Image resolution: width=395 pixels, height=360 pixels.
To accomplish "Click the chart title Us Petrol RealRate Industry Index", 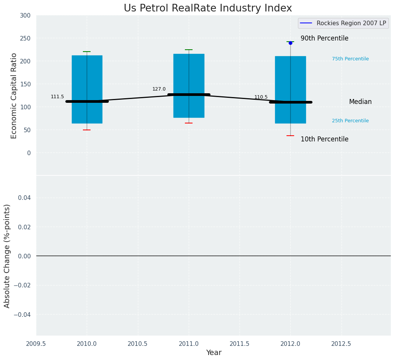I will (x=208, y=8).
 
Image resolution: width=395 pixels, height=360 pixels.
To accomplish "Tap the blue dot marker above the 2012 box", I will (x=290, y=43).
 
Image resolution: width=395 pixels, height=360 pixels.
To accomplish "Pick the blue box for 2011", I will (x=189, y=73).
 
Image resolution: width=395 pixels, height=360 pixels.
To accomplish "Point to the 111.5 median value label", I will (x=57, y=97).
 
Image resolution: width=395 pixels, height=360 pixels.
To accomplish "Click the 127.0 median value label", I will (x=159, y=89).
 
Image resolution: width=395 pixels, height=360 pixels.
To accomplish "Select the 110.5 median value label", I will (x=261, y=97).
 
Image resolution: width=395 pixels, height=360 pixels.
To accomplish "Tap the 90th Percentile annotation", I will (x=324, y=39).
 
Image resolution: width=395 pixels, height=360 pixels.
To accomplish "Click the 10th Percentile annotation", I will (x=324, y=139).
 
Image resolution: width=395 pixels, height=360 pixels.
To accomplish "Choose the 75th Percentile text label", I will (x=350, y=59).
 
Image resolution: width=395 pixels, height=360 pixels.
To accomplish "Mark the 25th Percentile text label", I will (x=350, y=121).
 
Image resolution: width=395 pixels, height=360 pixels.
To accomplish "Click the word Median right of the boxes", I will (x=360, y=102).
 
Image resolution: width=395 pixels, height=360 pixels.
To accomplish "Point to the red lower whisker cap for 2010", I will (x=87, y=130).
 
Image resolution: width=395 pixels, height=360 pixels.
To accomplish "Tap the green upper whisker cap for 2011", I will (x=189, y=50).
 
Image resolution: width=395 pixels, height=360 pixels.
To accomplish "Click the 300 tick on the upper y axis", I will (x=26, y=15).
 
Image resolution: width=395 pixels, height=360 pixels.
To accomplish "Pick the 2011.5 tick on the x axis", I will (x=240, y=344).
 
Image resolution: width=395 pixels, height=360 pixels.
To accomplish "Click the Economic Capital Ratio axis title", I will (x=14, y=96).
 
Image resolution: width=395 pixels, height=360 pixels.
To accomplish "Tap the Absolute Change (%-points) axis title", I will (x=7, y=256).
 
